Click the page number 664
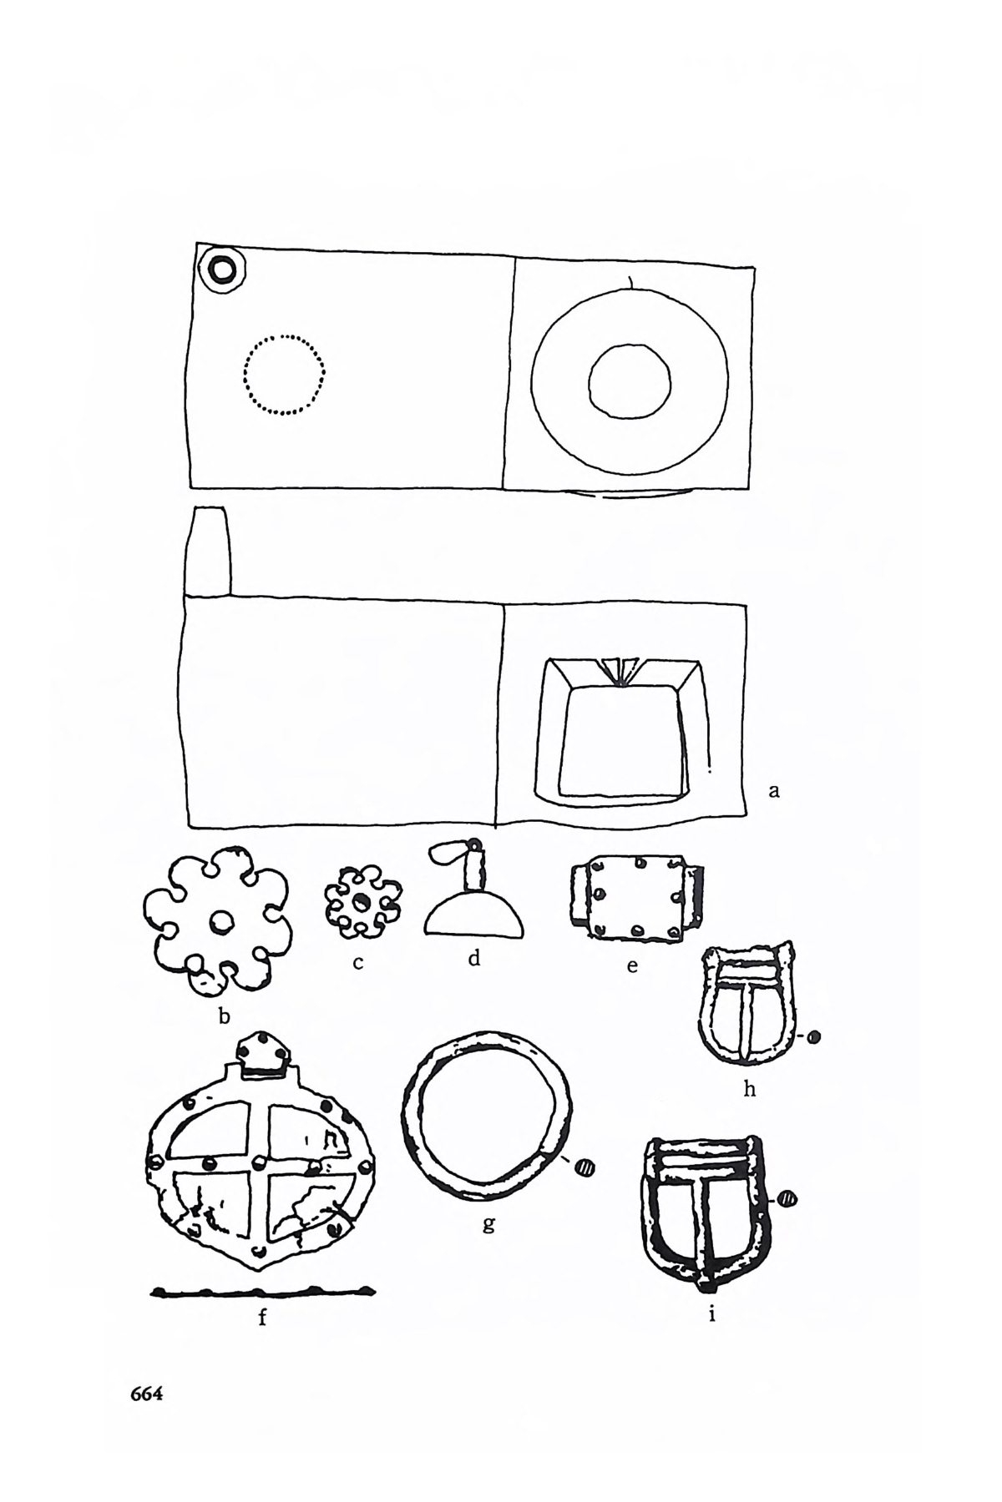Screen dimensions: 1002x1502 [144, 1394]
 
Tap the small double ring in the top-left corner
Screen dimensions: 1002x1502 [223, 269]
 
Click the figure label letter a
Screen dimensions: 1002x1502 [773, 789]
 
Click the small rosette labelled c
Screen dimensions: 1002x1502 [362, 901]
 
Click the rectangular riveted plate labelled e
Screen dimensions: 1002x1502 [638, 895]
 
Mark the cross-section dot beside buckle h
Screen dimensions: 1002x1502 [814, 1037]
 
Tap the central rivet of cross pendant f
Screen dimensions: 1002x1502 [260, 1163]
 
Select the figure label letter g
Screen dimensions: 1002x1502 [488, 1225]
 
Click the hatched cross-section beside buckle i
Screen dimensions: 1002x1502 [787, 1200]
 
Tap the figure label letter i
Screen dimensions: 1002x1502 [711, 1316]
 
